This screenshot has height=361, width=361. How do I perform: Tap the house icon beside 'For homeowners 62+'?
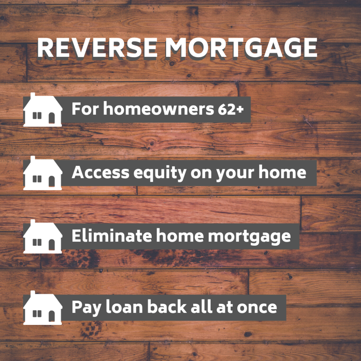coord(43,110)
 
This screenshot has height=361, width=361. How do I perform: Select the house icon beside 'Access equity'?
coord(43,173)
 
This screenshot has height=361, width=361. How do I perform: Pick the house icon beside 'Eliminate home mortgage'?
coord(43,237)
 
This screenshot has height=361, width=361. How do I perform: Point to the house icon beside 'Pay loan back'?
coord(43,308)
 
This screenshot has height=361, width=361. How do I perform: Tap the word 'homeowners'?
coord(159,108)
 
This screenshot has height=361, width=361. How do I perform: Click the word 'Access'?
coord(100,172)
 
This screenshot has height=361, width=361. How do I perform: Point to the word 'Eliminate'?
coord(112,236)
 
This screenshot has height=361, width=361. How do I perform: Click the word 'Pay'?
coord(86,308)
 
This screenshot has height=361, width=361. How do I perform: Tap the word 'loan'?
coord(124,307)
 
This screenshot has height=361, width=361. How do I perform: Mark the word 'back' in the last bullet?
coord(167,307)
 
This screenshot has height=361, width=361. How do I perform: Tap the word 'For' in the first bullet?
coord(86,109)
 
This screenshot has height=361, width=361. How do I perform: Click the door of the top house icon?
coord(52,118)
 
